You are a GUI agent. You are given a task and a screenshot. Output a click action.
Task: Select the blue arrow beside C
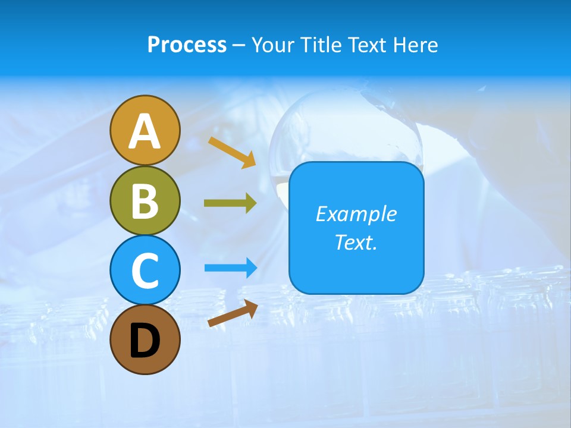click(230, 268)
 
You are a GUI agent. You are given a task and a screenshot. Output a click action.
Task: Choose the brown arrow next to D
click(233, 314)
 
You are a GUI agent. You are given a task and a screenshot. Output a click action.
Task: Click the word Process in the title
click(187, 45)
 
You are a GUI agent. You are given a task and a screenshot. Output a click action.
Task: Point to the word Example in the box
click(356, 214)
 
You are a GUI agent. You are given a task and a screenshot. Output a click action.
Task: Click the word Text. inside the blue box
click(356, 242)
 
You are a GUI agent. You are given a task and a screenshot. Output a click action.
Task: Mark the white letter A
click(145, 131)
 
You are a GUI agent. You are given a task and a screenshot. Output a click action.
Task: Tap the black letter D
click(145, 340)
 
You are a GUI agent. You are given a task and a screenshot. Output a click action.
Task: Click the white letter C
click(145, 270)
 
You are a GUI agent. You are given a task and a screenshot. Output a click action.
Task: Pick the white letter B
click(145, 201)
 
